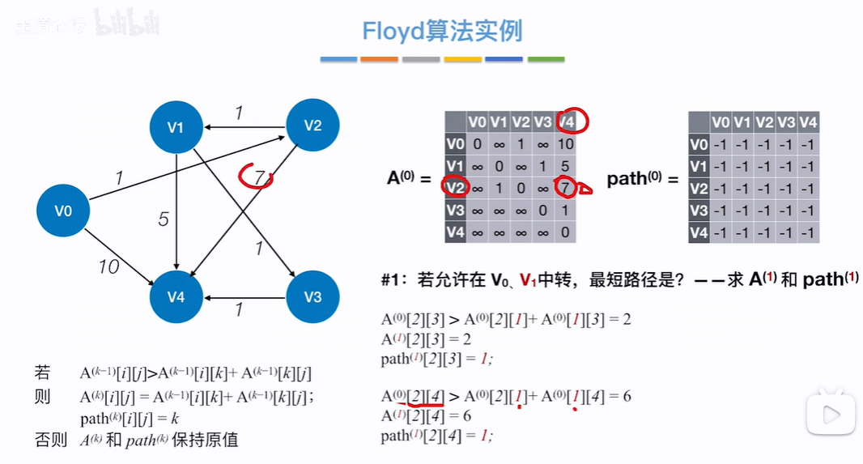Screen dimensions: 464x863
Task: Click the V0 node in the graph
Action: pos(63,211)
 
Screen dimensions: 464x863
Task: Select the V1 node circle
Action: pos(176,127)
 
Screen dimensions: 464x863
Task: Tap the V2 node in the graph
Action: pos(312,125)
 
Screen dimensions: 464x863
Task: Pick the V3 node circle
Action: pos(312,296)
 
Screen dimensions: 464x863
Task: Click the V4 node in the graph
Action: pos(176,297)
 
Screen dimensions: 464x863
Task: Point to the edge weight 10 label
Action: pos(108,266)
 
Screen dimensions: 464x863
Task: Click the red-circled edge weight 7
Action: pos(257,176)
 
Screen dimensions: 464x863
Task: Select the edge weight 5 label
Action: pos(164,219)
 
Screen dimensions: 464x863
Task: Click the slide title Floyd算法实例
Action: pos(442,31)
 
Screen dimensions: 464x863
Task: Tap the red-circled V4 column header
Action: pos(567,121)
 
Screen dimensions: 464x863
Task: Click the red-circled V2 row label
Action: pos(456,189)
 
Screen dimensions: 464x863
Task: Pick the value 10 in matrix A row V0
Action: pos(566,144)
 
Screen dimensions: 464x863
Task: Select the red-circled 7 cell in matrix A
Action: pos(566,189)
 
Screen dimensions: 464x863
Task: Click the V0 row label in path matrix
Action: pos(698,144)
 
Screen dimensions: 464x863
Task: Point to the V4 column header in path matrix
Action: pos(807,122)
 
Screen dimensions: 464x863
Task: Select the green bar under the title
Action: pos(546,59)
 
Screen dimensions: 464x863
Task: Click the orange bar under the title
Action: pos(379,59)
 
